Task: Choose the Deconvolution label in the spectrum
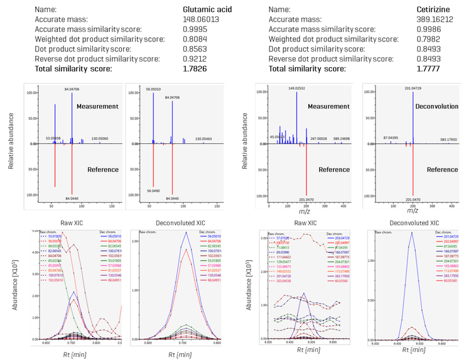point(436,107)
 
